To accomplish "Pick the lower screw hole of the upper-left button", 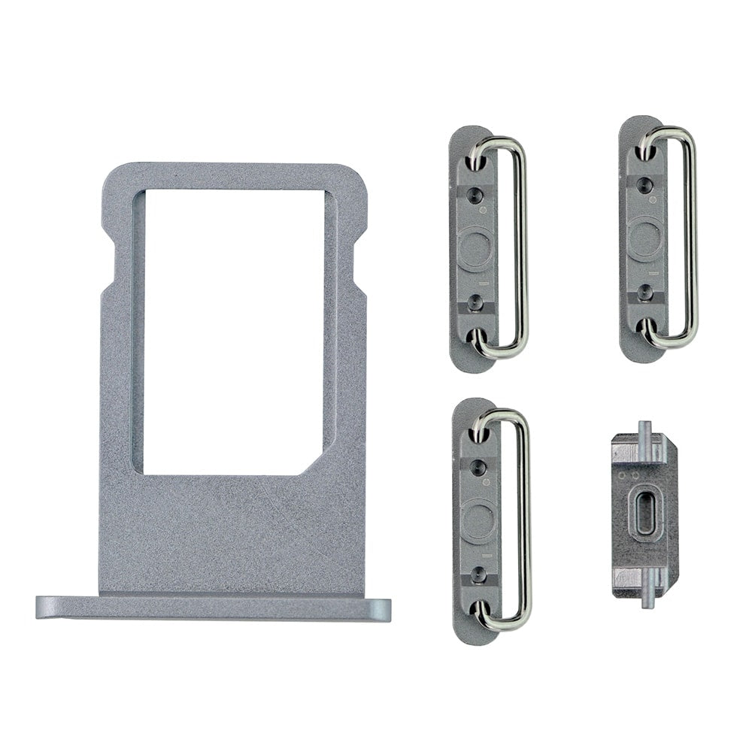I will pos(475,302).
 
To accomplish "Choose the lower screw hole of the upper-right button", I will pos(644,291).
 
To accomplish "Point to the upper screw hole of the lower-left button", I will pos(476,468).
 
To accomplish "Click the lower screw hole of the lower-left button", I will pos(477,575).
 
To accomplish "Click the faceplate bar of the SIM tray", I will pos(214,607).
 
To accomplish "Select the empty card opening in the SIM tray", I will pos(233,331).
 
